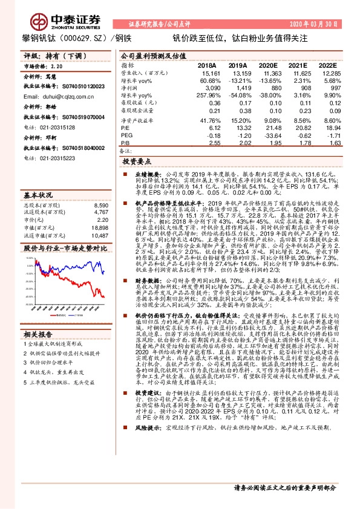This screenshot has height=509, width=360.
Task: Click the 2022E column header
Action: [327, 65]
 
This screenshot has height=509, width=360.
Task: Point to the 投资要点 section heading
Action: [136, 162]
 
